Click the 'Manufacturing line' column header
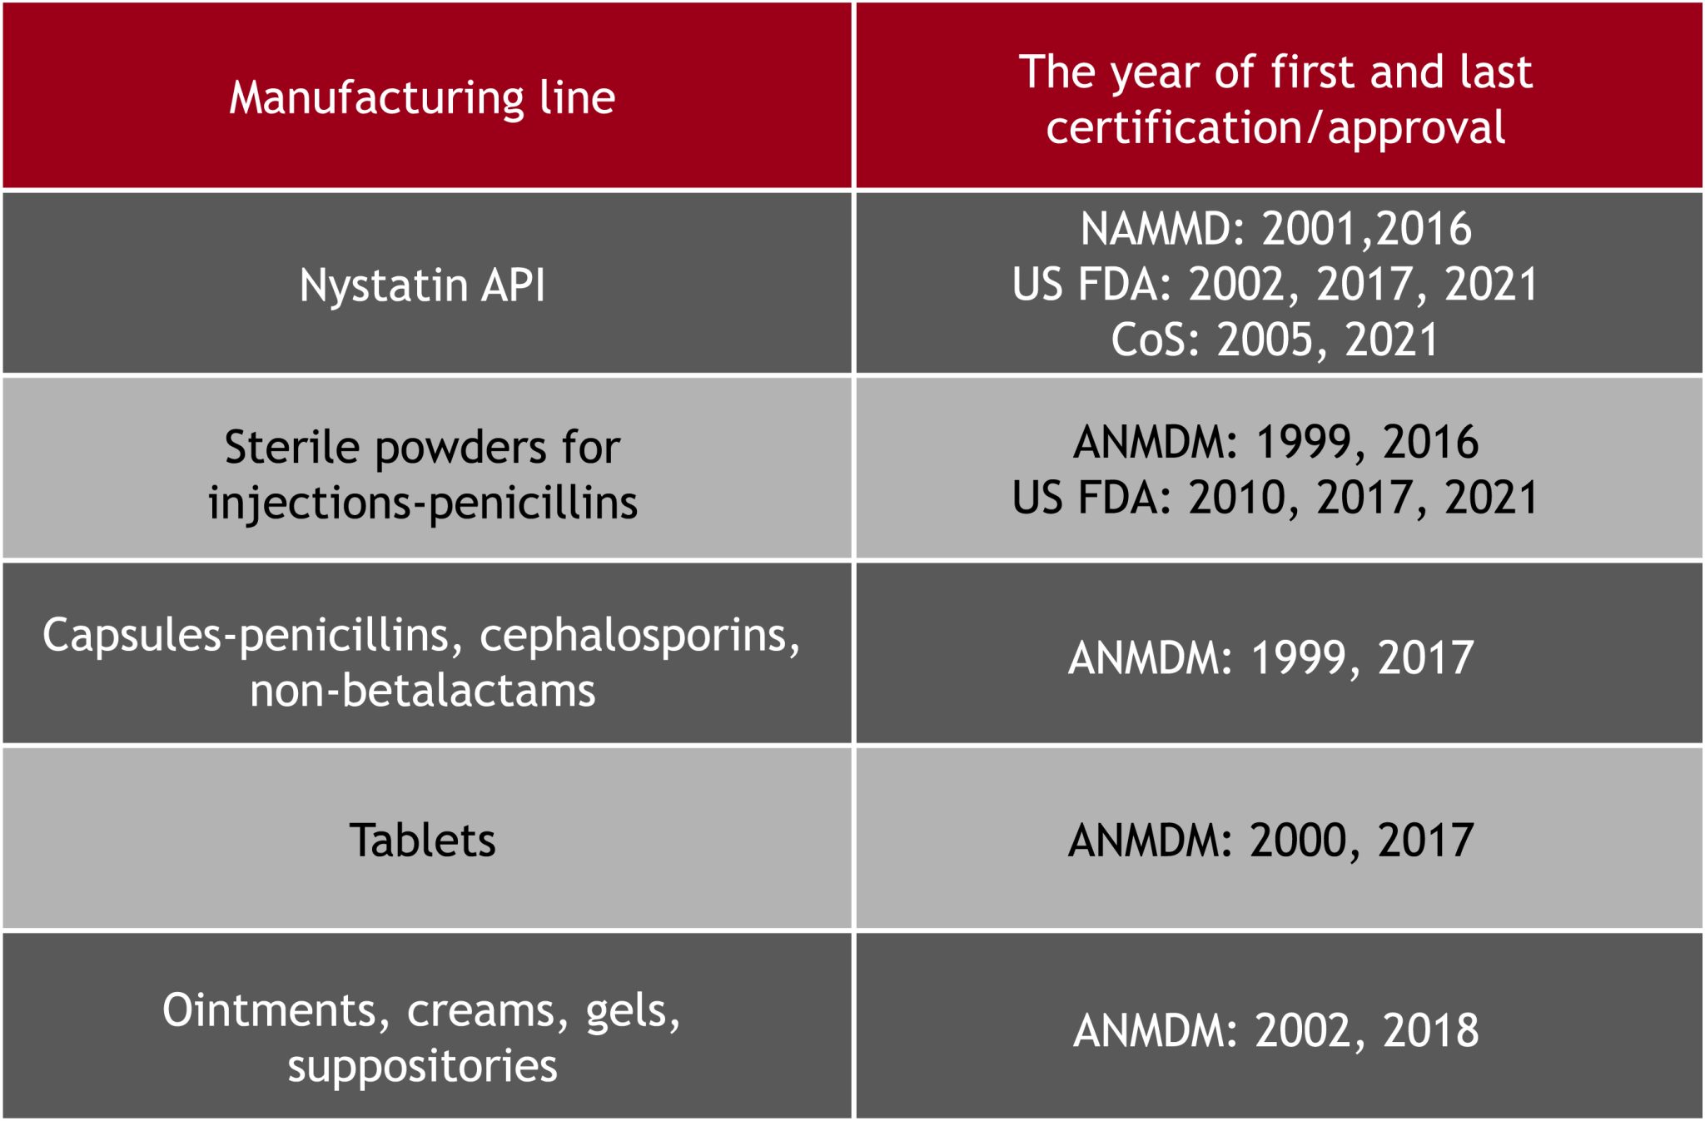[x=422, y=98]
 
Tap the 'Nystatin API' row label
[x=422, y=285]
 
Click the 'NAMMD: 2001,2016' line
[x=1275, y=229]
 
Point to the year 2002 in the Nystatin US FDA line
[x=1238, y=285]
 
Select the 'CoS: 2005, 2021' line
[x=1275, y=340]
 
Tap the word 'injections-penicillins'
[x=423, y=503]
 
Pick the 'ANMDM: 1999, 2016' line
[x=1275, y=442]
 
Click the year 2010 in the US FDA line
[x=1238, y=498]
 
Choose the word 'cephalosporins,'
[x=639, y=636]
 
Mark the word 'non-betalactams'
[x=423, y=691]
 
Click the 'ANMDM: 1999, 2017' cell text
[x=1271, y=658]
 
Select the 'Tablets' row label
[x=422, y=841]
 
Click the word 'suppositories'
[x=422, y=1067]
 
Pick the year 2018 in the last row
[x=1430, y=1030]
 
